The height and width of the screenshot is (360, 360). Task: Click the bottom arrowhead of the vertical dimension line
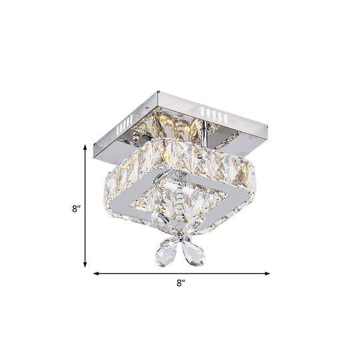(x=85, y=265)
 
